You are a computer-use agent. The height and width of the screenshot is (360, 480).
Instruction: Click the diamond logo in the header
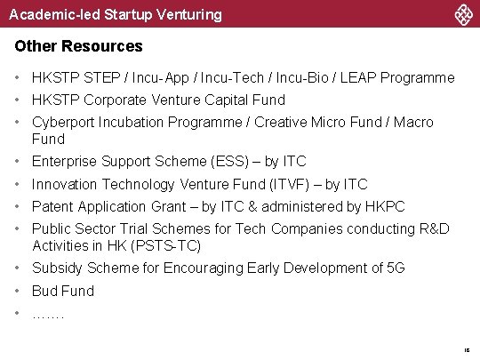point(463,14)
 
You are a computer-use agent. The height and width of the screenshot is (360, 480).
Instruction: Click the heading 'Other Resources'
point(78,45)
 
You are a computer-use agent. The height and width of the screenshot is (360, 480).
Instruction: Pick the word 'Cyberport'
point(62,122)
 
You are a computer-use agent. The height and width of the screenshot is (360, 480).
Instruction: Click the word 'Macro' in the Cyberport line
point(413,122)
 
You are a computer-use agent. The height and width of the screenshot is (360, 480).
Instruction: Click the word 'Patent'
point(53,206)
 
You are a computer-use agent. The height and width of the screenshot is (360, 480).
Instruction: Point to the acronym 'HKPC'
point(384,206)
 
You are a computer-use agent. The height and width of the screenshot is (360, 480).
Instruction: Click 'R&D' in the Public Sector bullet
point(433,229)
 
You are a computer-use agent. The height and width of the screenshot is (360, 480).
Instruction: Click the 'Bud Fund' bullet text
point(62,291)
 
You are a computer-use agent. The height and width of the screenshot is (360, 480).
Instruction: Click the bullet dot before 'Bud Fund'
point(18,291)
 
